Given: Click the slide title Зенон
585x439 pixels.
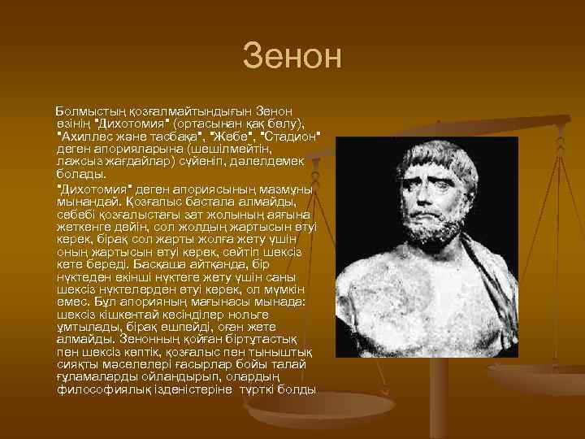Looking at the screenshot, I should pos(292,58).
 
